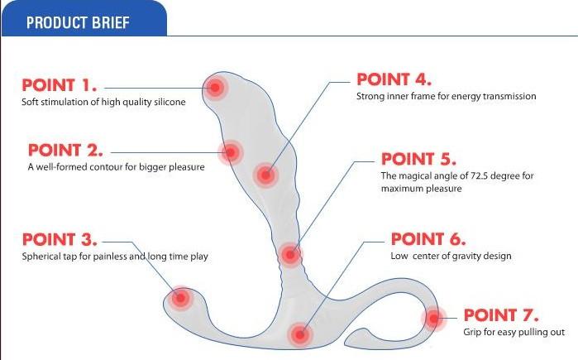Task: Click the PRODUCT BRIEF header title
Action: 78,22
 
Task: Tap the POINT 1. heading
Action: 60,85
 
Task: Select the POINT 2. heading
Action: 65,150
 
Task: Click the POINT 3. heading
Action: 60,239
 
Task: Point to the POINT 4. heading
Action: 394,79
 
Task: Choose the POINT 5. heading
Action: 418,159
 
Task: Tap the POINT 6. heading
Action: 428,239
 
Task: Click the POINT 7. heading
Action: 501,315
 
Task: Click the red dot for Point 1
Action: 215,88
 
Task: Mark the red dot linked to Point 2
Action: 230,152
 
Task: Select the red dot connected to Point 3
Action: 180,298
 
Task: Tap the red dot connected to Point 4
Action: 265,175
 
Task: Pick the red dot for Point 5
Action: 290,255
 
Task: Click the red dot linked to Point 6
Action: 299,334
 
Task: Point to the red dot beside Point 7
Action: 434,318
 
